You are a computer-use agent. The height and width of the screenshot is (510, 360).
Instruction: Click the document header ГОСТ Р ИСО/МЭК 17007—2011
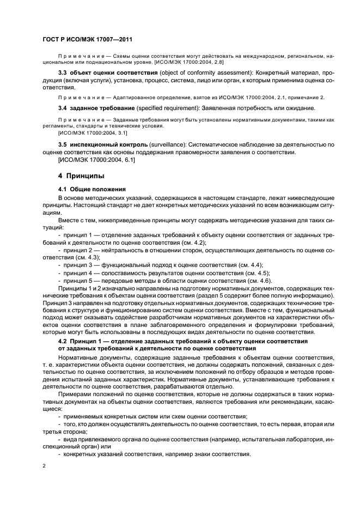tap(88, 40)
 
